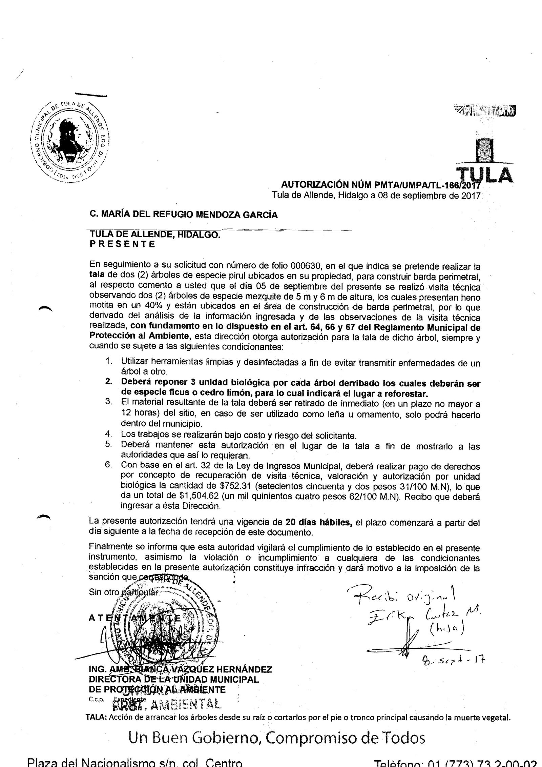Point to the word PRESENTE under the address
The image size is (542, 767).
(x=122, y=244)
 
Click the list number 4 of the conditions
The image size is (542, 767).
(x=108, y=434)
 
